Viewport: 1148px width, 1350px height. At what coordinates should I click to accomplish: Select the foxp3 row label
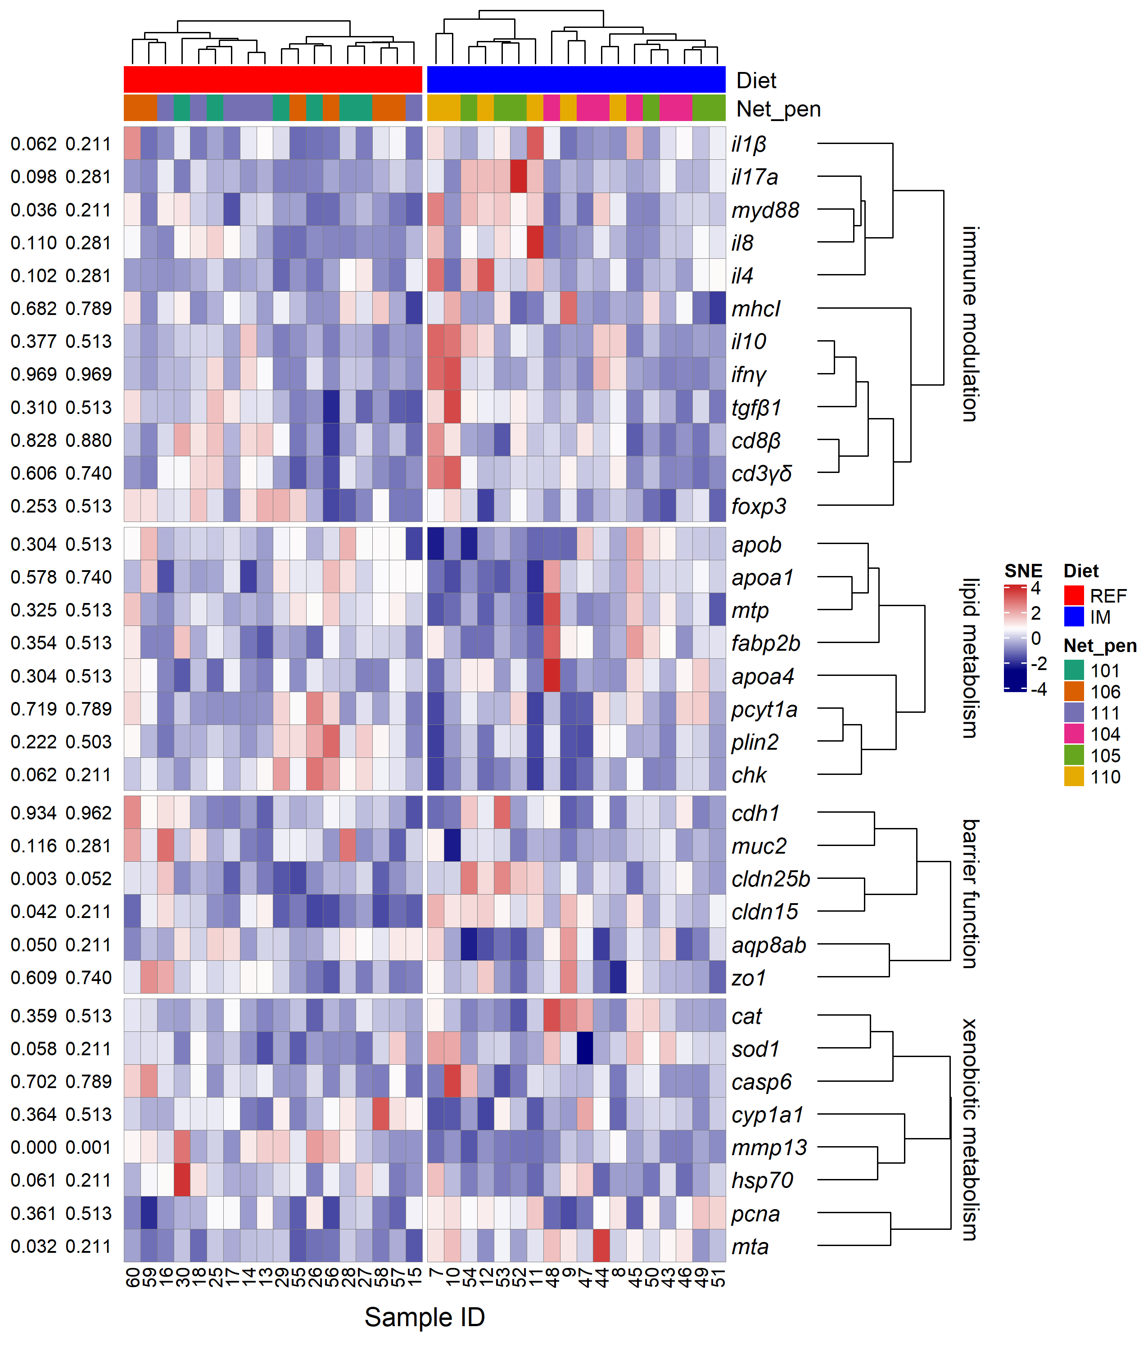759,506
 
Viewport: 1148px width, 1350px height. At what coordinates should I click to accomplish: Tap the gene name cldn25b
771,879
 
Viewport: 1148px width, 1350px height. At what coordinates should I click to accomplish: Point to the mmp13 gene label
769,1147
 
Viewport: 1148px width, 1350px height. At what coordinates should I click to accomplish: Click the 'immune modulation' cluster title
970,324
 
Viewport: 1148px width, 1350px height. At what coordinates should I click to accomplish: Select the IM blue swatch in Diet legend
1074,616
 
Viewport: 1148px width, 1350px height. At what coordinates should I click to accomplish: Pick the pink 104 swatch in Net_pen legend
1074,734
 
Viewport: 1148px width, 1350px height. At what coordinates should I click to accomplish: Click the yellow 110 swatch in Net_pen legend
1074,776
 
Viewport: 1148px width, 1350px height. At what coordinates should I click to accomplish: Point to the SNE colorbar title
1023,571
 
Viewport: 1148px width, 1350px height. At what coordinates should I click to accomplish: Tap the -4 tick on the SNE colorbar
1039,689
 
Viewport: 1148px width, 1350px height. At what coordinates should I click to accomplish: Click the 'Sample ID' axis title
425,1317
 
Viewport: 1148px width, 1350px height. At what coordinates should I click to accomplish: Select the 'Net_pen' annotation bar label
778,108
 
